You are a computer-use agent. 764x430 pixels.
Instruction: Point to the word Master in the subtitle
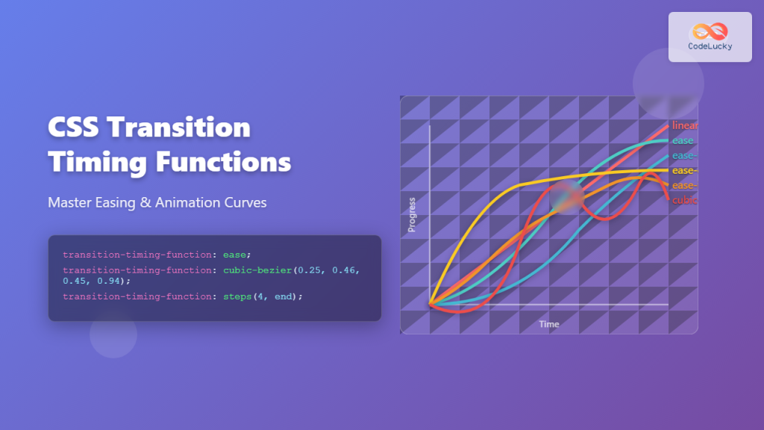click(x=69, y=202)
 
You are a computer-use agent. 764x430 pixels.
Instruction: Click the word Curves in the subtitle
click(x=245, y=202)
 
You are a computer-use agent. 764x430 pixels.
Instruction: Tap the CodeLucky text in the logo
click(x=710, y=46)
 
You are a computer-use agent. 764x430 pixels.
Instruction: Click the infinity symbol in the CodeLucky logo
click(x=710, y=31)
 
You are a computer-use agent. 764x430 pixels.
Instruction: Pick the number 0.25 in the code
click(x=310, y=269)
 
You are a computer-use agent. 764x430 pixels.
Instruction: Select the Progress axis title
click(x=411, y=215)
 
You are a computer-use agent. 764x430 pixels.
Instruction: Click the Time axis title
click(x=549, y=324)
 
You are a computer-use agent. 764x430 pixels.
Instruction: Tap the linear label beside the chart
click(x=684, y=125)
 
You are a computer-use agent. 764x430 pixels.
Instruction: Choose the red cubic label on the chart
click(x=684, y=200)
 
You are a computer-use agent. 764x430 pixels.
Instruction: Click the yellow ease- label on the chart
click(x=684, y=170)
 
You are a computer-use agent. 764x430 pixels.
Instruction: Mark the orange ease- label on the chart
click(x=684, y=185)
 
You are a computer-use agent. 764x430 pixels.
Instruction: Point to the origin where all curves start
click(x=430, y=304)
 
